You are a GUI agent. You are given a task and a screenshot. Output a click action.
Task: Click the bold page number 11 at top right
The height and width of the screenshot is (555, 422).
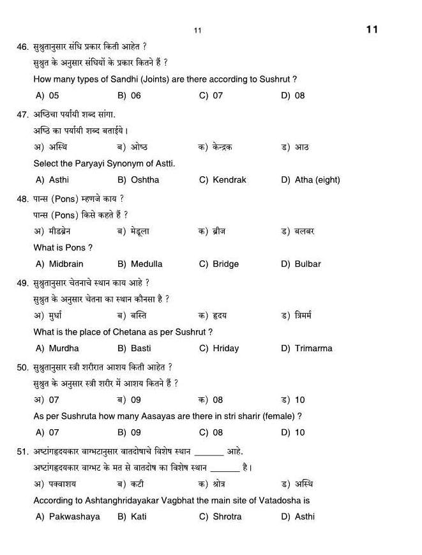click(x=372, y=29)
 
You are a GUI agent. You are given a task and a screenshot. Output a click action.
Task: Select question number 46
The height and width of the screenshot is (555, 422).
click(x=22, y=47)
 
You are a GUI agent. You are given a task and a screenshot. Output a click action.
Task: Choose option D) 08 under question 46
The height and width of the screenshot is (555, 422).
click(x=293, y=96)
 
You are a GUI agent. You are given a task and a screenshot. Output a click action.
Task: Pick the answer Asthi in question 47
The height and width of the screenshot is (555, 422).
click(x=59, y=180)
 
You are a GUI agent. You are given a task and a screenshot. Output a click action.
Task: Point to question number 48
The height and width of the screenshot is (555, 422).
click(x=22, y=199)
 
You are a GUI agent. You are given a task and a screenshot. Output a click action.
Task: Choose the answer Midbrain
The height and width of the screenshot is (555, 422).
click(x=66, y=264)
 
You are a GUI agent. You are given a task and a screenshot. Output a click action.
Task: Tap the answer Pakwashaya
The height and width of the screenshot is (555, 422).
click(x=74, y=517)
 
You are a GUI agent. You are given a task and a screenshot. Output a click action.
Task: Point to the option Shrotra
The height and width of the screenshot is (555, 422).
click(x=227, y=517)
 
